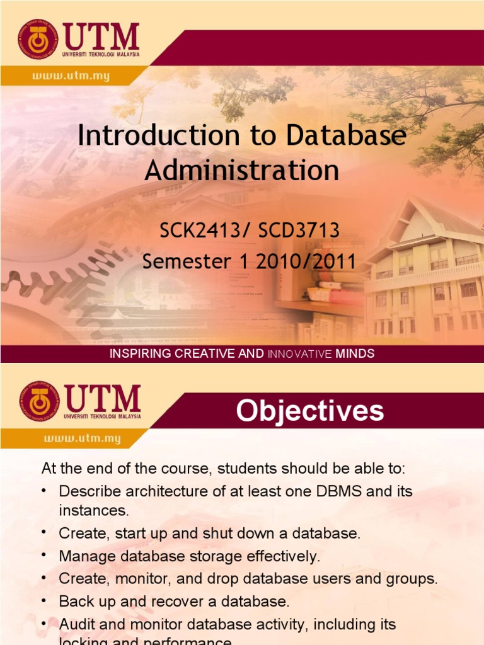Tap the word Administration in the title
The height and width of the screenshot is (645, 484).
coord(242,170)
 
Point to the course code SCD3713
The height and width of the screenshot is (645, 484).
coord(299,231)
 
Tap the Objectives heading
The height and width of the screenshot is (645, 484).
coord(309,411)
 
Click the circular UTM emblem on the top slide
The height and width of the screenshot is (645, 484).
coord(38,40)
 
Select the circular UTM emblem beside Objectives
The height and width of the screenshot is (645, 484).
coord(38,401)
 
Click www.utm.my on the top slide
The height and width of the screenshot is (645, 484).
coord(71,76)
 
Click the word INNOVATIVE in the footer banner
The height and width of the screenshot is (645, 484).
coord(300,354)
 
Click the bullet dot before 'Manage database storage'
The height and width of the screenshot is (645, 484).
coord(46,556)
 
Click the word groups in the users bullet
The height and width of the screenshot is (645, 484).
coord(413,579)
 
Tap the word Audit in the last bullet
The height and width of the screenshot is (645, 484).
coord(75,624)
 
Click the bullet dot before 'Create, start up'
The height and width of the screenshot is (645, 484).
coord(46,533)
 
